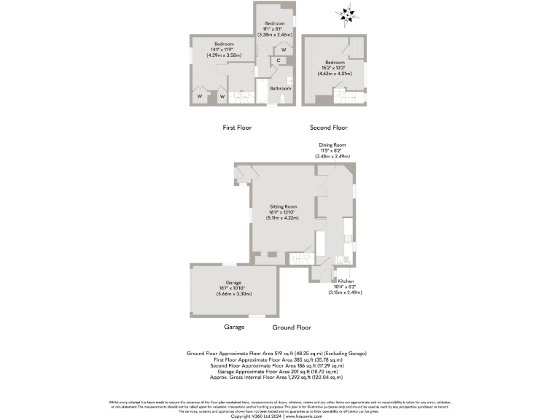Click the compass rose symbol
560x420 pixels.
(x=346, y=13)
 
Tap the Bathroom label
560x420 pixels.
(x=280, y=88)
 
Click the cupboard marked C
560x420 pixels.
(x=279, y=61)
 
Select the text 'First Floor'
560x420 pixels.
(x=237, y=127)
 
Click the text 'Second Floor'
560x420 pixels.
(x=329, y=127)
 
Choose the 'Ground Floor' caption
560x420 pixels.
(x=292, y=328)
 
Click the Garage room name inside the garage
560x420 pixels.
(x=233, y=282)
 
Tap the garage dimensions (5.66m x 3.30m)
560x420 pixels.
(x=233, y=294)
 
